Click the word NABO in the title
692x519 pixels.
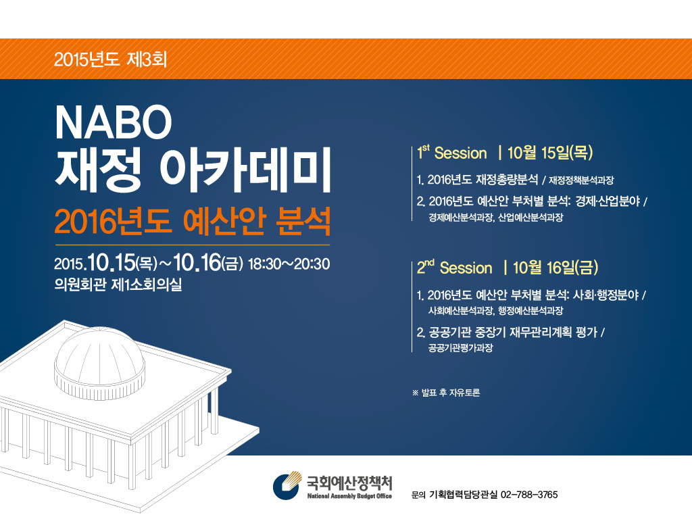coord(114,122)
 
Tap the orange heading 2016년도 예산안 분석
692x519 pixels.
coord(193,221)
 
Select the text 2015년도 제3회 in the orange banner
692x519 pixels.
coord(110,59)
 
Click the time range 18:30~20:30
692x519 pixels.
coord(289,264)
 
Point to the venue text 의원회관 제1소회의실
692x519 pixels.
coord(118,285)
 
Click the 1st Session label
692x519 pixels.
coord(452,153)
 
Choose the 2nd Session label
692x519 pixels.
coord(455,268)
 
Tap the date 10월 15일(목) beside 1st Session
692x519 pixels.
coord(550,153)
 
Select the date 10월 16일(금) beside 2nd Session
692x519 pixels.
coord(555,268)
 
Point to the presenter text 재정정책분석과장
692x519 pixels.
coord(581,180)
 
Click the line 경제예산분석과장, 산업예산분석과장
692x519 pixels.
coord(495,217)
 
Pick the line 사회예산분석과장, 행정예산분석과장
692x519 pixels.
coord(495,311)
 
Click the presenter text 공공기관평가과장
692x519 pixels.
coord(460,348)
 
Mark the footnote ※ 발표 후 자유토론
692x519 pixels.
coord(446,393)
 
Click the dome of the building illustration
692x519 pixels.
coord(100,362)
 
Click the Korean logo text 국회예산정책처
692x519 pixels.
coord(349,483)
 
